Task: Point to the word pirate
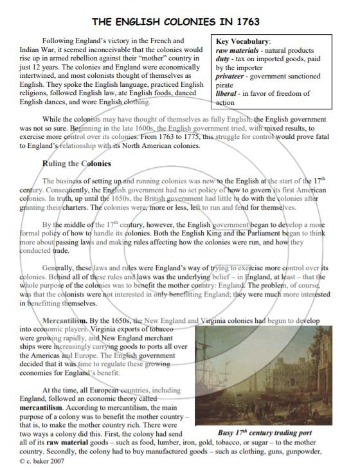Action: click(x=227, y=84)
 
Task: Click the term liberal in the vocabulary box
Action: click(x=229, y=93)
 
